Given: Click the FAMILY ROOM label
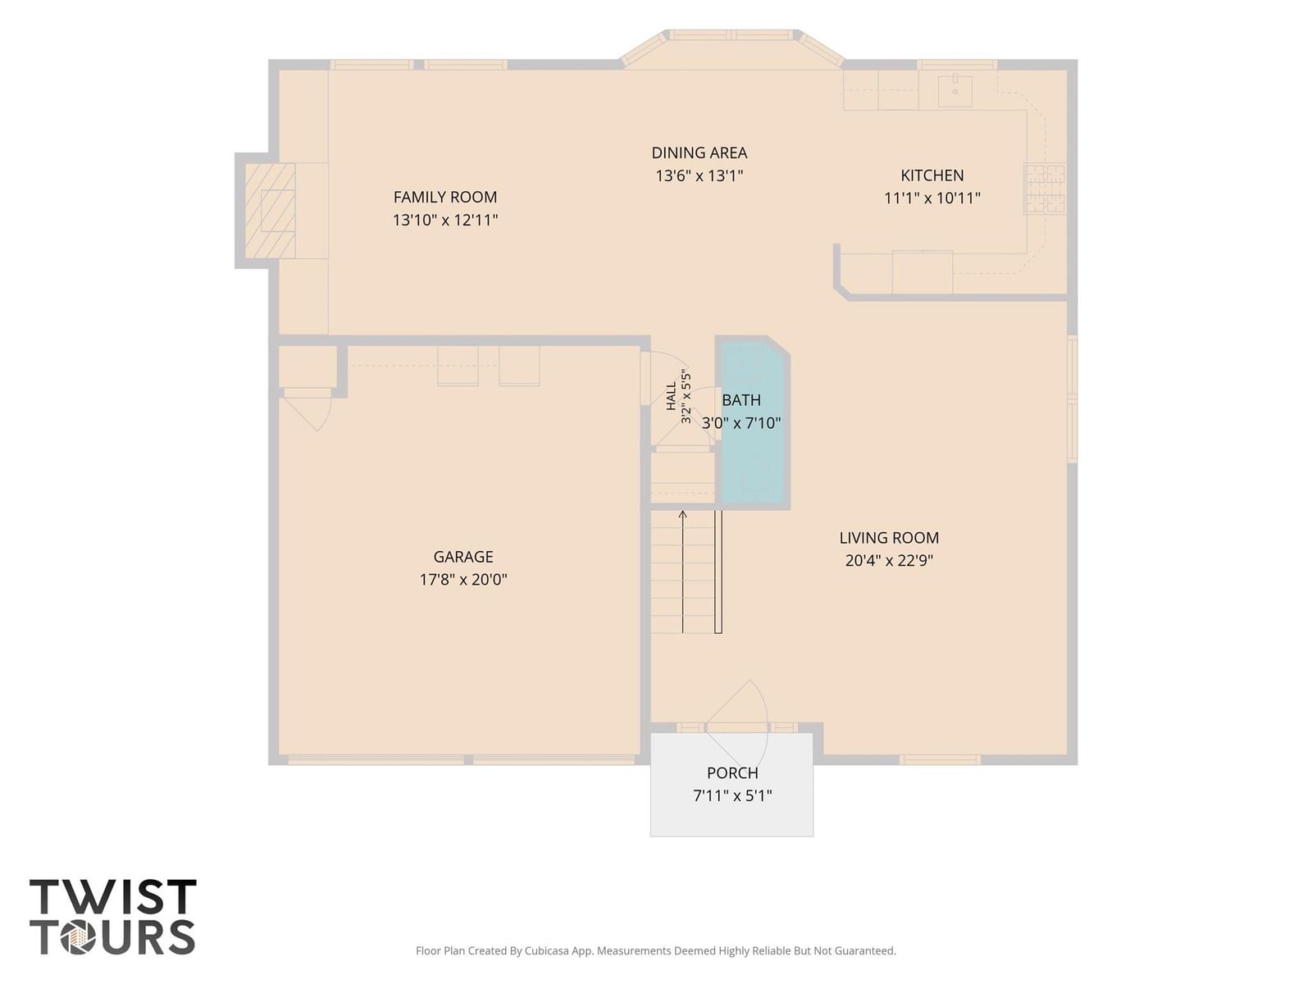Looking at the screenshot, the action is [x=444, y=197].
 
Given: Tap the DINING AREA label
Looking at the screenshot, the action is [x=699, y=153].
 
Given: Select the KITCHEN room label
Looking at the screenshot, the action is [x=932, y=175].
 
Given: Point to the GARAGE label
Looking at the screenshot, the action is [x=463, y=556].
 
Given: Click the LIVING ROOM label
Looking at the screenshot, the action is [x=889, y=537].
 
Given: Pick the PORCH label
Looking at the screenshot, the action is [x=732, y=772].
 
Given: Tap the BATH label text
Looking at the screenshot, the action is [x=741, y=399].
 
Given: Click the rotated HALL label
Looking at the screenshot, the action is [x=672, y=397].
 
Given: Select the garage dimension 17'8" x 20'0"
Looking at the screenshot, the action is [x=463, y=579].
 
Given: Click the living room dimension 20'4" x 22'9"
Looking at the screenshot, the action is [x=889, y=560].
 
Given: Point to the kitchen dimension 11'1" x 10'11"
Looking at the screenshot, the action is [x=932, y=198].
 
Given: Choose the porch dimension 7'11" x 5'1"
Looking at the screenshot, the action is [x=732, y=795].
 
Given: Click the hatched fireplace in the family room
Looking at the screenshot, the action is [x=270, y=210].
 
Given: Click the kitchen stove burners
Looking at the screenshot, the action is [x=1045, y=189].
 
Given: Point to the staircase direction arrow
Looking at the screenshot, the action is [x=682, y=572].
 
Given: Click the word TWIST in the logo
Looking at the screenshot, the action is [x=113, y=896].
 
